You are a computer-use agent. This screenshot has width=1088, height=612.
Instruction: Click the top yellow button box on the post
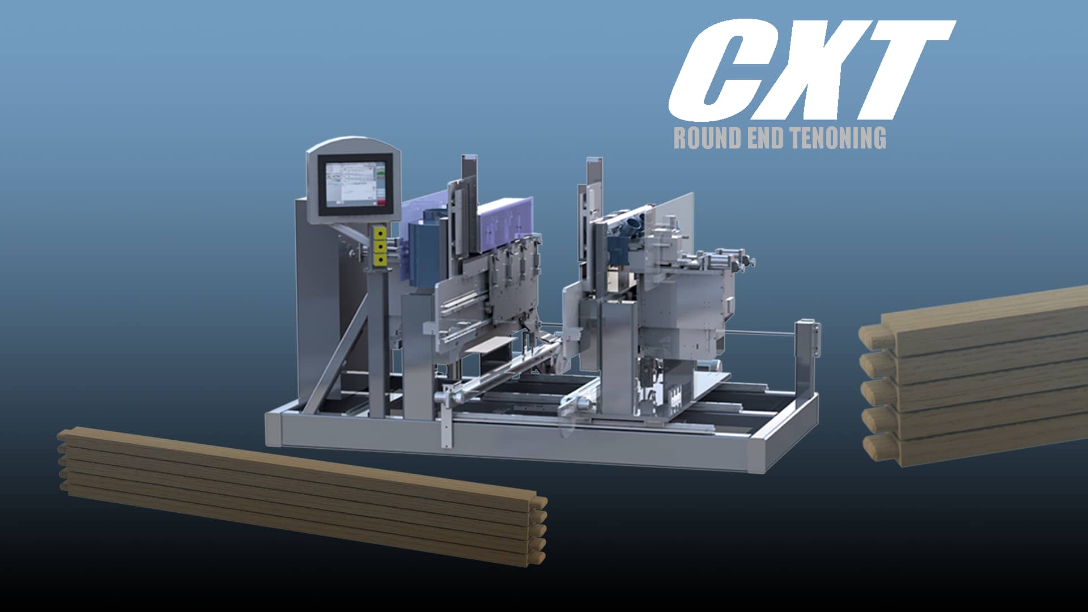pyautogui.click(x=380, y=232)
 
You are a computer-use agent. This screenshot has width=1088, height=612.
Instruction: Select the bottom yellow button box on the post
pyautogui.click(x=380, y=260)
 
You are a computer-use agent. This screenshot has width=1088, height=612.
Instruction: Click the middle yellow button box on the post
pyautogui.click(x=380, y=246)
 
